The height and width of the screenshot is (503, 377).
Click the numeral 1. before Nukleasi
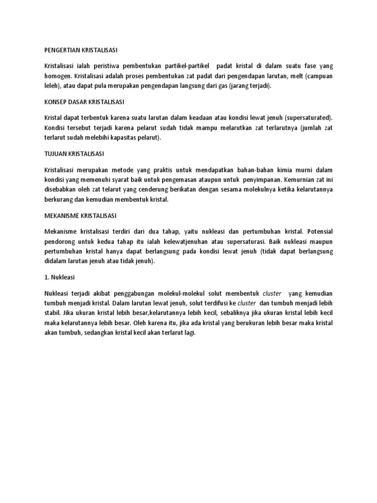pos(47,277)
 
